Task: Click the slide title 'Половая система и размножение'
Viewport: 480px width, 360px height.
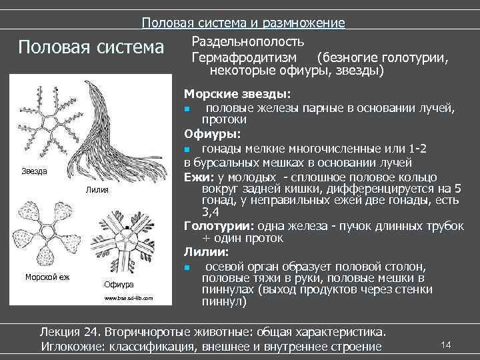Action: (x=243, y=23)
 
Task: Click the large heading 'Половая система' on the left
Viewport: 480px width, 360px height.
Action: (x=91, y=48)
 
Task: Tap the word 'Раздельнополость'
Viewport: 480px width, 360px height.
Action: (x=244, y=42)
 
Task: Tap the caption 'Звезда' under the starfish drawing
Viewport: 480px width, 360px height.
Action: (x=34, y=171)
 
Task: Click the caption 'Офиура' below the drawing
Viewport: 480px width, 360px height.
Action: (x=116, y=285)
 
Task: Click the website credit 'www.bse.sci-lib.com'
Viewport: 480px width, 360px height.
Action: (x=128, y=298)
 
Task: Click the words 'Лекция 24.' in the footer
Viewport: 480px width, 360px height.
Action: (x=69, y=332)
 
